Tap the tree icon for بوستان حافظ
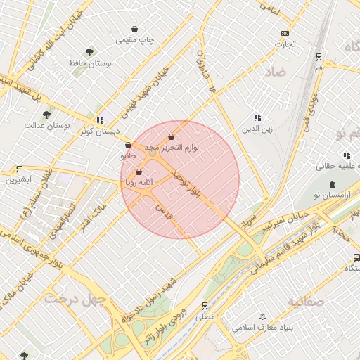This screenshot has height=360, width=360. [x=89, y=52]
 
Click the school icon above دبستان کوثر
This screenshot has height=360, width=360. [x=100, y=120]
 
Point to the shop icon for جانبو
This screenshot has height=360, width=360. [x=128, y=145]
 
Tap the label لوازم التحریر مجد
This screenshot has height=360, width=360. [x=172, y=148]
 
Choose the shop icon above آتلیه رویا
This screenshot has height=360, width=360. [x=139, y=172]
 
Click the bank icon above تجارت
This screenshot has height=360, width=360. [x=285, y=33]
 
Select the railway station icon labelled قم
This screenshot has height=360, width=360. [x=319, y=56]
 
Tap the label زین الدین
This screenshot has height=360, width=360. [x=257, y=129]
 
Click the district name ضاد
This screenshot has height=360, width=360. [x=275, y=72]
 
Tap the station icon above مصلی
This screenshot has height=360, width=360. [x=205, y=306]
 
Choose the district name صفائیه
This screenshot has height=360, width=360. [x=307, y=301]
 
